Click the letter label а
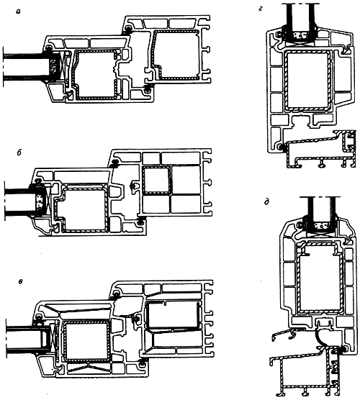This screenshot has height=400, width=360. pyautogui.click(x=18, y=12)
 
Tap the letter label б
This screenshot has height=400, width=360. pyautogui.click(x=19, y=153)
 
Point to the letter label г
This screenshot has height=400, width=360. pyautogui.click(x=261, y=9)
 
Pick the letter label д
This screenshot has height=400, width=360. pyautogui.click(x=266, y=202)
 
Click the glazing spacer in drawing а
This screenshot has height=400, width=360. pyautogui.click(x=53, y=67)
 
